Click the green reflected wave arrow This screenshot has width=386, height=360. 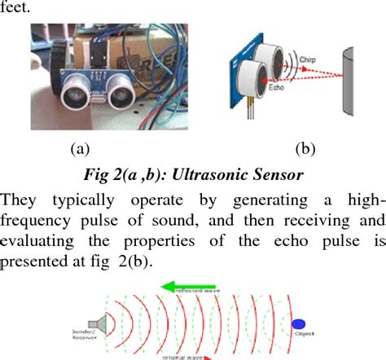[x=184, y=286]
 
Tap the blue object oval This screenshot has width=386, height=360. [x=299, y=324]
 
